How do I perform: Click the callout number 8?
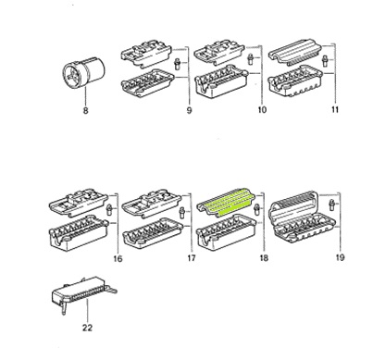click(x=85, y=110)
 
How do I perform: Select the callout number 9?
click(x=189, y=110)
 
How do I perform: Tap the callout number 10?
click(x=262, y=109)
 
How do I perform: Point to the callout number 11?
click(x=335, y=109)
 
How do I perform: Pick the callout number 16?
click(x=118, y=258)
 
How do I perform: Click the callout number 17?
click(x=192, y=257)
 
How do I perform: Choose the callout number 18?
click(x=264, y=257)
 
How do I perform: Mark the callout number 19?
click(x=340, y=257)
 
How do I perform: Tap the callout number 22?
click(x=87, y=328)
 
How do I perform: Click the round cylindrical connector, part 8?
click(x=84, y=72)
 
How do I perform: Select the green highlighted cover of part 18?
click(x=225, y=202)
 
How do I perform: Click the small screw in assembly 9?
click(x=178, y=64)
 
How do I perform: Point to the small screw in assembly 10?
click(x=251, y=58)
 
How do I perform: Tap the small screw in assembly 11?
click(x=324, y=60)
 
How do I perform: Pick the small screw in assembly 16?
click(x=108, y=210)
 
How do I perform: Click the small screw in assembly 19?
click(x=332, y=205)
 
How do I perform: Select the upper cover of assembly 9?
click(x=145, y=54)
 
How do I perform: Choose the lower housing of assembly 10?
click(x=221, y=81)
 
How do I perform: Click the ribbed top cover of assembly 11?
click(x=294, y=52)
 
